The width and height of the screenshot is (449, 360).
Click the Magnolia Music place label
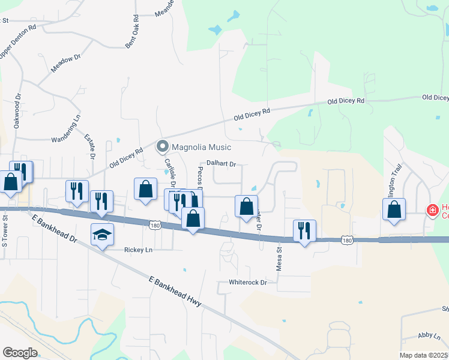point(202,147)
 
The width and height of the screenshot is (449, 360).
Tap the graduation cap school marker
point(102,235)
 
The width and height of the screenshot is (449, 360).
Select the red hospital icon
point(432,210)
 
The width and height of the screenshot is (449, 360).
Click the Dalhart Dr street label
point(221,163)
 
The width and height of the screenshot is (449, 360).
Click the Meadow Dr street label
point(66,63)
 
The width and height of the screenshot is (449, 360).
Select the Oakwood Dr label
point(17,110)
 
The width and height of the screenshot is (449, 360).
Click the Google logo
point(20,353)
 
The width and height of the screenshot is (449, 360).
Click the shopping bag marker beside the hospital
point(394,210)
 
